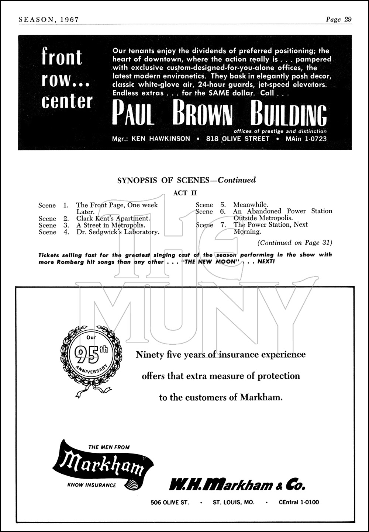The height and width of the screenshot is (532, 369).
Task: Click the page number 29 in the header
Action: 348,20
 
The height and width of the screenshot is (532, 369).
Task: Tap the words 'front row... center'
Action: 67,79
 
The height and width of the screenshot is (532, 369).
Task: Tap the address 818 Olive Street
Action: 238,139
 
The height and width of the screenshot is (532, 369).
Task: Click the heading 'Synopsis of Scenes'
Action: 166,180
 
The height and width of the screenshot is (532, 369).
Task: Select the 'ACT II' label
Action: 185,193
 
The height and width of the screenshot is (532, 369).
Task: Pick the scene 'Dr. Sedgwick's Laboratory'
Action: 118,232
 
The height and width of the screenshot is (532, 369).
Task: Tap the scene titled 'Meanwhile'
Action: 251,205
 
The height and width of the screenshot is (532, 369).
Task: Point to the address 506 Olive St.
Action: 170,502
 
